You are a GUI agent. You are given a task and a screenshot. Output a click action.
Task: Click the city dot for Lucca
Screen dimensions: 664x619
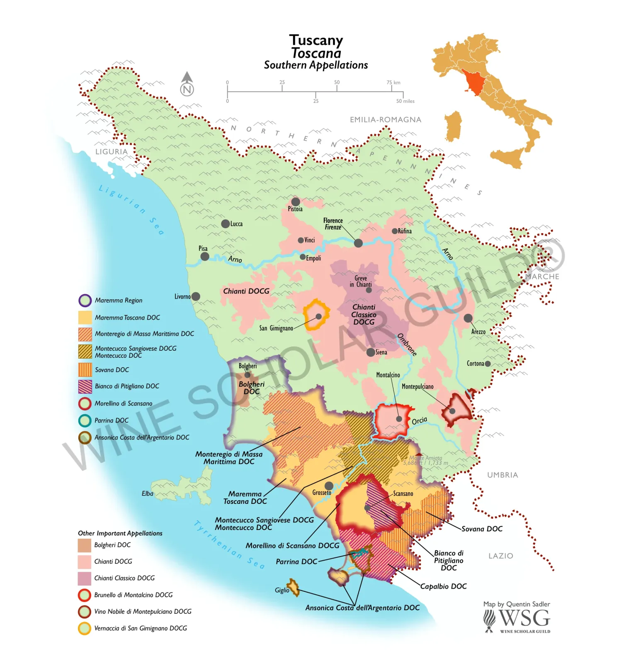pos(225,224)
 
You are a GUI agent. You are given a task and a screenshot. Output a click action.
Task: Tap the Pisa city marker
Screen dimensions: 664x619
pos(204,256)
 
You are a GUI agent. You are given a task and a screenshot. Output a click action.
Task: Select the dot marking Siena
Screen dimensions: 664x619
pos(370,352)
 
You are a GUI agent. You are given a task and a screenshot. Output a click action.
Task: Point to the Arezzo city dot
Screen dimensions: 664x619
pos(468,318)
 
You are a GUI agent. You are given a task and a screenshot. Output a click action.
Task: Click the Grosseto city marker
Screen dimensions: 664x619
pos(329,486)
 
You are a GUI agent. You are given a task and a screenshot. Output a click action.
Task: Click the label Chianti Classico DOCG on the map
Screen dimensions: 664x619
pos(364,314)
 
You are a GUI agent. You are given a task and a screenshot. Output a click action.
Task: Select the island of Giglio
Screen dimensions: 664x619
pos(294,588)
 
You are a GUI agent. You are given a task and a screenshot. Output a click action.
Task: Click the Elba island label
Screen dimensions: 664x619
pos(147,493)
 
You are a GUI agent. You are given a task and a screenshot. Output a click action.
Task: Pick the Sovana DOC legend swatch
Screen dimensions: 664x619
pos(85,370)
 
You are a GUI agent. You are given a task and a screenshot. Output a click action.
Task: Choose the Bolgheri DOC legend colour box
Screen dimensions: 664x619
pos(85,545)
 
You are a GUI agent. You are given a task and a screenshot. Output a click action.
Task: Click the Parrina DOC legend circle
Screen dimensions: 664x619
pos(85,420)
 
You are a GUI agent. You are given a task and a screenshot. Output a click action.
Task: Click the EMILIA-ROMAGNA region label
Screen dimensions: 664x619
pos(385,120)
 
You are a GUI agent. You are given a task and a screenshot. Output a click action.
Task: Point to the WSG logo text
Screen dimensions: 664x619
pos(524,618)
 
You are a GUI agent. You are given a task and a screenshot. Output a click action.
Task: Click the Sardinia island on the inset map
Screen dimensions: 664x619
pos(454,126)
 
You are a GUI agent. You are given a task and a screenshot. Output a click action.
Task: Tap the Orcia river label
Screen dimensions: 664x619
pos(419,421)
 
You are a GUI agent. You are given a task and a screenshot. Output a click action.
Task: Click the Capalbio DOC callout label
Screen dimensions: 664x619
pos(443,586)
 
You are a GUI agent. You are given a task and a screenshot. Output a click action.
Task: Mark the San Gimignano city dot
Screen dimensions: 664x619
pos(318,316)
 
